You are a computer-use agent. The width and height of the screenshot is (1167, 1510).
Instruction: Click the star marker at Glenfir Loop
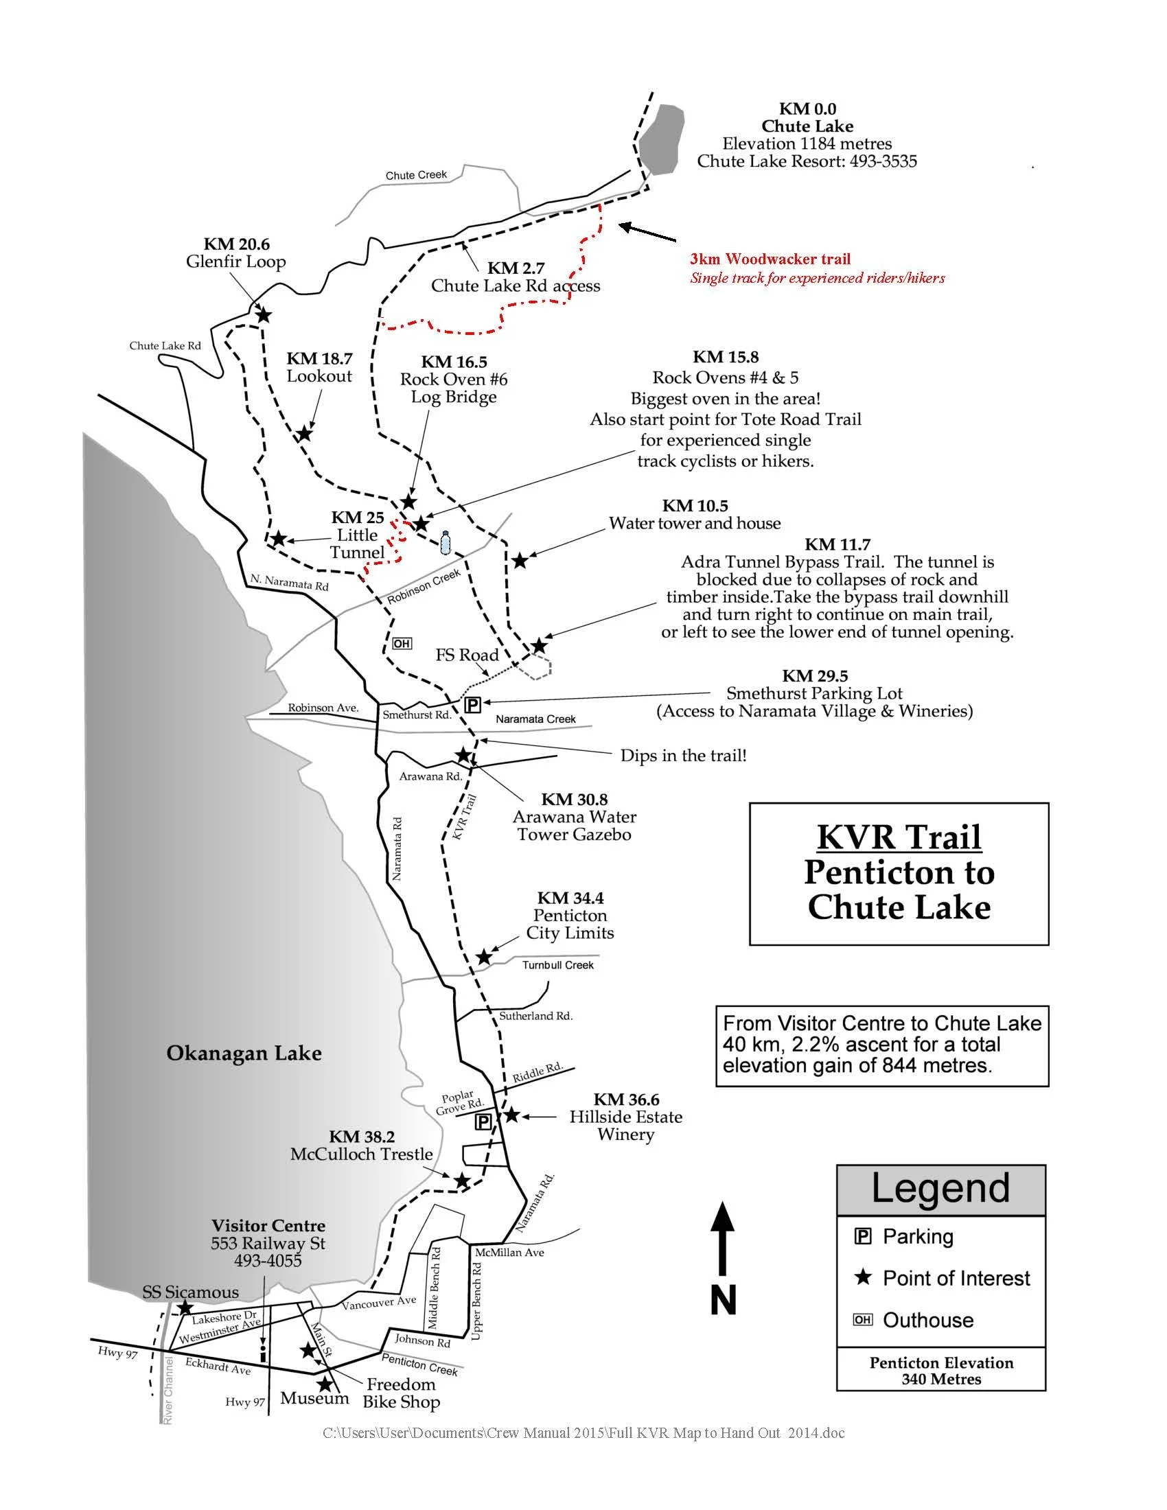point(264,315)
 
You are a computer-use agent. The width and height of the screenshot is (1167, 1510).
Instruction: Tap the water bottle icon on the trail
point(445,543)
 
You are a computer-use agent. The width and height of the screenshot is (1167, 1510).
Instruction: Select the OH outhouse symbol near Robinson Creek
point(401,644)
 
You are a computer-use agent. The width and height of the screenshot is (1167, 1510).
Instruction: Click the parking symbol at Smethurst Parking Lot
point(473,704)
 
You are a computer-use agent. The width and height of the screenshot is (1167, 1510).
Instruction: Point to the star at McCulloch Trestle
point(461,1181)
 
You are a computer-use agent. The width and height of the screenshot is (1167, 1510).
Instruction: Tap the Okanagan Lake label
point(244,1053)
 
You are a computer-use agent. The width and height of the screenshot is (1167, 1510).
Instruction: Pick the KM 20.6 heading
point(236,244)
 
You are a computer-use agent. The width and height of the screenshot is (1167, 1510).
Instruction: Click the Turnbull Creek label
point(557,965)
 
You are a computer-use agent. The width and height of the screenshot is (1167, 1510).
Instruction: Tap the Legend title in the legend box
point(940,1188)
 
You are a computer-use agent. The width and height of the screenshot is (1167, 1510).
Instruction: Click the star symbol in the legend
point(863,1277)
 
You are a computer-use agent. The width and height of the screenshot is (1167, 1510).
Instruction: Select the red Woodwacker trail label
point(770,259)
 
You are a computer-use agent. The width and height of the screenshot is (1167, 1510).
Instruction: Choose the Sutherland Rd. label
point(536,1016)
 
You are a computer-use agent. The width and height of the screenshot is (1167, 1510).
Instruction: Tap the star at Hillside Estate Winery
point(511,1115)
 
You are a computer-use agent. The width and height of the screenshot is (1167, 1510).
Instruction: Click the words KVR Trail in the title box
point(899,837)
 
